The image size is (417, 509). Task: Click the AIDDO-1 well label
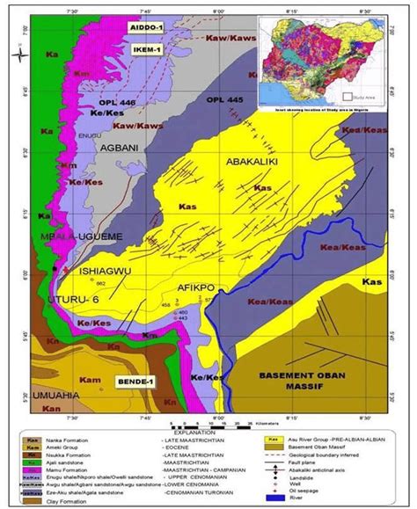point(147,28)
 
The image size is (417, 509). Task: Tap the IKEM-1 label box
point(149,50)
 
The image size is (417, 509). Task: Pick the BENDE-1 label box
point(135,383)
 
